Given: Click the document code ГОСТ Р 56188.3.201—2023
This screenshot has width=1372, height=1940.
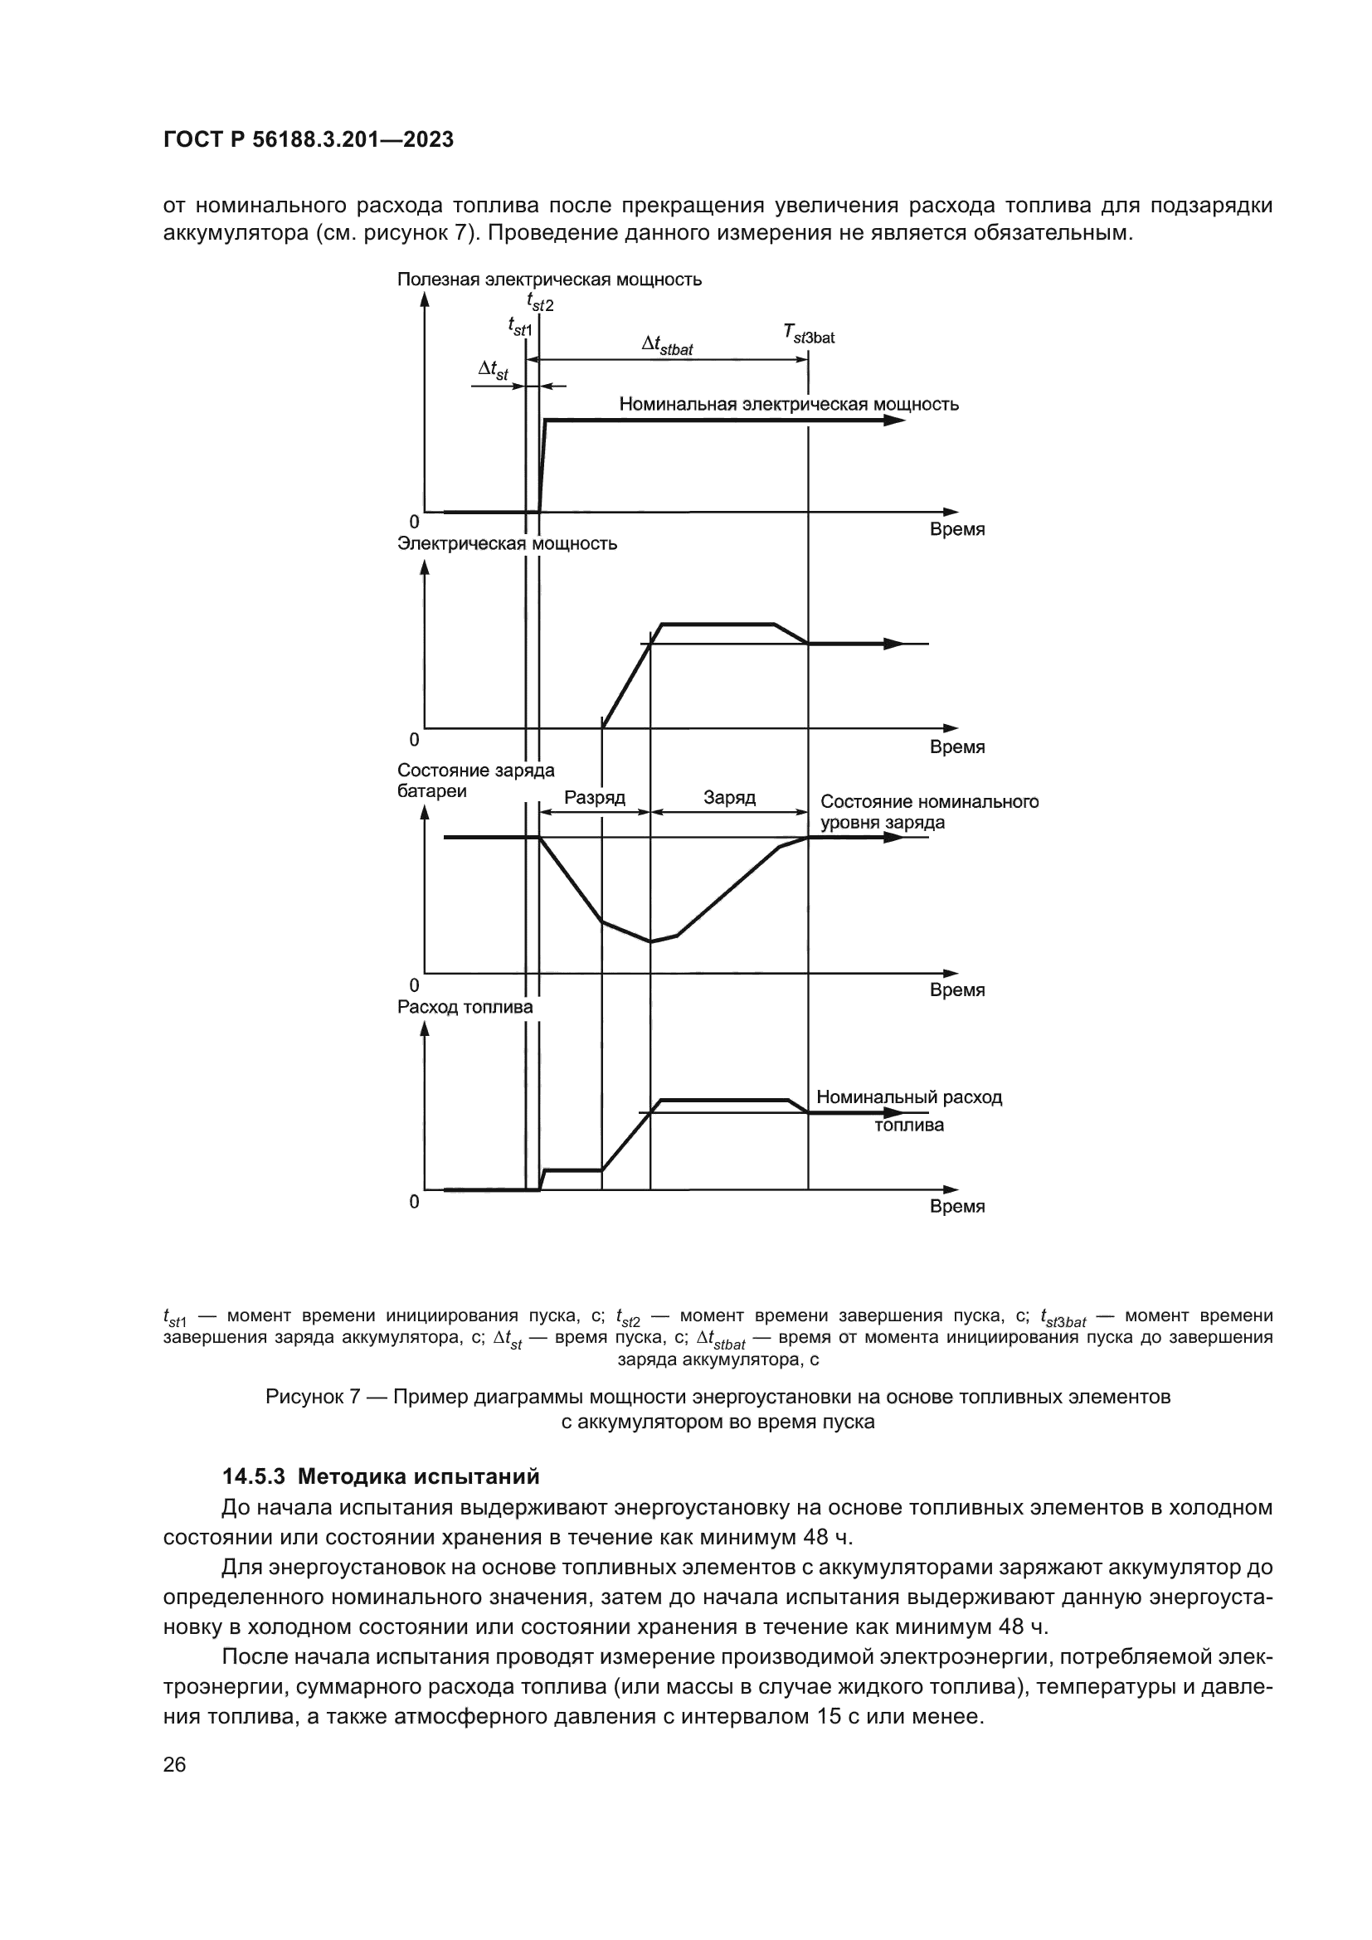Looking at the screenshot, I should (x=309, y=139).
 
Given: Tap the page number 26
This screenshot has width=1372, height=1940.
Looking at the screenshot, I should (x=174, y=1764).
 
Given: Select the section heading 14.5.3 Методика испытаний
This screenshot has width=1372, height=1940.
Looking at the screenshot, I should (x=380, y=1476).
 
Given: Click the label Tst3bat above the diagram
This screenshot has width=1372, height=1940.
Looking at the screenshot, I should (x=808, y=336).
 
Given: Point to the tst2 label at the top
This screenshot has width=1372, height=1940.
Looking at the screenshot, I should (x=540, y=302).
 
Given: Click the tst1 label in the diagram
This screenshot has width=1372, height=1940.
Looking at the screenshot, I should (x=519, y=325).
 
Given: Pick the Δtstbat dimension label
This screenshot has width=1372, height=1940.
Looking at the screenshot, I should (x=667, y=346).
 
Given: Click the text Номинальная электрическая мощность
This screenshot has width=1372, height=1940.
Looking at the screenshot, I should (x=788, y=404).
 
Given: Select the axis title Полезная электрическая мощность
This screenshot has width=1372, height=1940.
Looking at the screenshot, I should (x=549, y=280).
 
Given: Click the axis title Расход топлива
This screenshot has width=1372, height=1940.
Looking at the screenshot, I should (x=465, y=1007).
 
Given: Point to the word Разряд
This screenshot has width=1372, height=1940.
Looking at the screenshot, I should (x=594, y=798).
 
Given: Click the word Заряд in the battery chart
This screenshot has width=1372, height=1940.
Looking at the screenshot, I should (x=729, y=798).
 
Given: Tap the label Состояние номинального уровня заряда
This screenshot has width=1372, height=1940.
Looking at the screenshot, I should (x=928, y=812).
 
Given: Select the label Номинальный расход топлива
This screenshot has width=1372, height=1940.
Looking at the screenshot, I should (x=909, y=1111).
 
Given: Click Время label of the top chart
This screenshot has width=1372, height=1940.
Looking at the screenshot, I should (x=956, y=530).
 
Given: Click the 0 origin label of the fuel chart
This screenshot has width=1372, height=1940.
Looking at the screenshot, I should (x=414, y=1201).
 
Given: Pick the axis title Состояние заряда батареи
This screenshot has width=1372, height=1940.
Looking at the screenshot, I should (x=475, y=780).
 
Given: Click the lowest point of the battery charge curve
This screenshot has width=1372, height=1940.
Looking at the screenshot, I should (x=650, y=941).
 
